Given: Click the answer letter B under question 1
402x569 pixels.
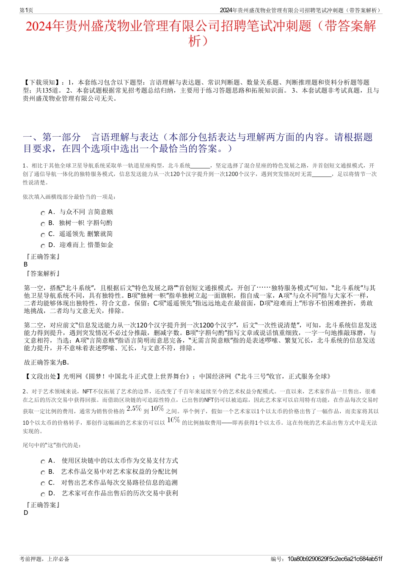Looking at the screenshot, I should pyautogui.click(x=26, y=264).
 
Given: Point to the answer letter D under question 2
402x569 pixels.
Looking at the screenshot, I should pyautogui.click(x=26, y=513).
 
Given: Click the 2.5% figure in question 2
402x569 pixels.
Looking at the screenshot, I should pyautogui.click(x=134, y=409).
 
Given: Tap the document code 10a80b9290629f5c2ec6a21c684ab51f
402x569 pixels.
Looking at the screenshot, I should pyautogui.click(x=334, y=559).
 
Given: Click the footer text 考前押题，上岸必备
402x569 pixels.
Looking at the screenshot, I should pyautogui.click(x=44, y=559).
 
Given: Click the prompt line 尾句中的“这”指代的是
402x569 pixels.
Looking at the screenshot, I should pyautogui.click(x=52, y=445).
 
